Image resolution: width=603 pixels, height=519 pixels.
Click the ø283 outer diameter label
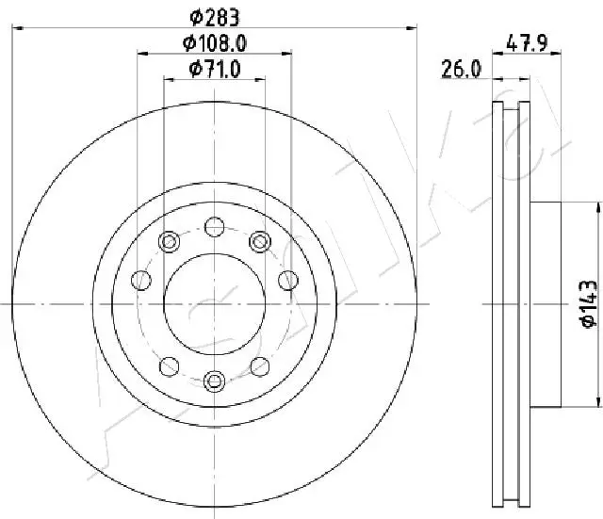click(x=215, y=17)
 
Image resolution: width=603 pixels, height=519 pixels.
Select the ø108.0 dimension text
click(x=215, y=43)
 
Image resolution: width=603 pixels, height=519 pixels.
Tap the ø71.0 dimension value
click(x=215, y=69)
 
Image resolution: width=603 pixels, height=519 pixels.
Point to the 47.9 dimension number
click(x=527, y=43)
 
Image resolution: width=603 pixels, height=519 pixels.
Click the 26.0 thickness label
click(x=461, y=69)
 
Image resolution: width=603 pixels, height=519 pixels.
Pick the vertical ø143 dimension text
click(x=589, y=304)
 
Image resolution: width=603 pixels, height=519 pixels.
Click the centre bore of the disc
click(x=215, y=304)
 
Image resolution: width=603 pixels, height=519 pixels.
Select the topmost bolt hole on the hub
click(x=214, y=227)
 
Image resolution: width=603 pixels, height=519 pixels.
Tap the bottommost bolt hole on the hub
click(x=214, y=381)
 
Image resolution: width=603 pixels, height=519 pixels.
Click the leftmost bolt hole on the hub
click(x=141, y=281)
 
